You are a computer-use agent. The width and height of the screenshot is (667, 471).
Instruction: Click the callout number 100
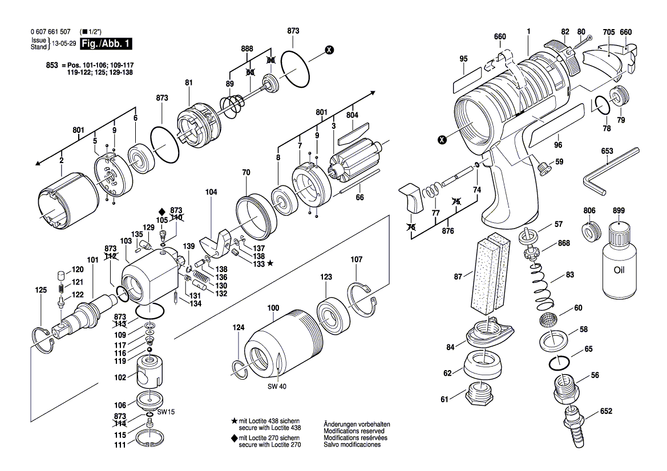click(273, 308)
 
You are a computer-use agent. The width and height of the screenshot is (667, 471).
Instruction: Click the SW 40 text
click(276, 387)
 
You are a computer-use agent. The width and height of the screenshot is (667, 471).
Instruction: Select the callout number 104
click(211, 193)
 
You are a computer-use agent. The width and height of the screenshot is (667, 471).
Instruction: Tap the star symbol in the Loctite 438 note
click(234, 420)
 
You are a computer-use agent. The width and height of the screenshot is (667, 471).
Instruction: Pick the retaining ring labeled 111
click(151, 442)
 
